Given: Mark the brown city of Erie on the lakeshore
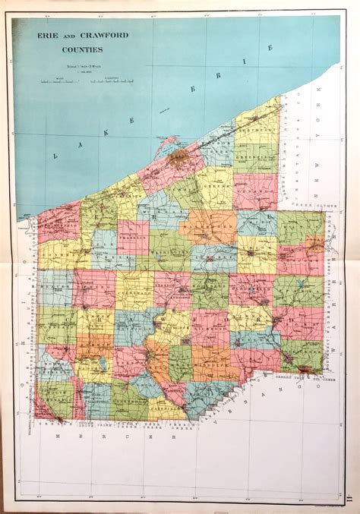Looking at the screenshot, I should point(178,159).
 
